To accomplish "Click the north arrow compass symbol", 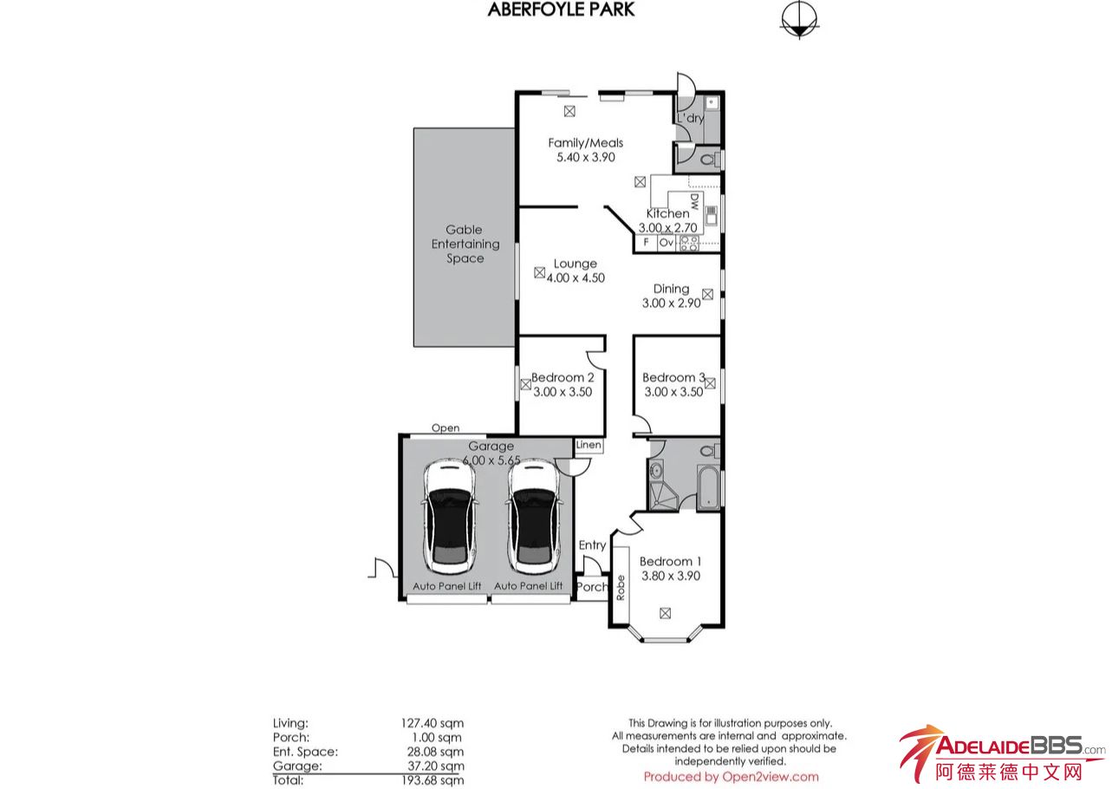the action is (x=799, y=19).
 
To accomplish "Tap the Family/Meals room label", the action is (x=585, y=143).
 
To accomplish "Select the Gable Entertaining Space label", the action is (x=465, y=244).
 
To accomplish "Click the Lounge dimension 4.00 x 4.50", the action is (x=576, y=278).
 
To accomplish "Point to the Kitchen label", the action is (x=667, y=213).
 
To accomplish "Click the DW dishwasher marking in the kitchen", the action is (x=694, y=201).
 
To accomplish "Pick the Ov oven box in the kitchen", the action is (x=667, y=242).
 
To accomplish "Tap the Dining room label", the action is (x=671, y=289).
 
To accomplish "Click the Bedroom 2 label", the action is (x=563, y=378).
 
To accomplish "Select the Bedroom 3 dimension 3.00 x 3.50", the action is (x=673, y=392).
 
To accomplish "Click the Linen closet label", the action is (x=589, y=445).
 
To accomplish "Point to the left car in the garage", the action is (x=451, y=517).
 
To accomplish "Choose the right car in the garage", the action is (x=534, y=517).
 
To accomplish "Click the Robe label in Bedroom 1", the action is (x=621, y=588).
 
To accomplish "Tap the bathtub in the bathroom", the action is (x=709, y=488).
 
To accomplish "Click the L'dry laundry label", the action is (x=691, y=118).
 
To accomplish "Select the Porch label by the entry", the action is (x=592, y=587).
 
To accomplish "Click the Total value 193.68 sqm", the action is (x=432, y=780).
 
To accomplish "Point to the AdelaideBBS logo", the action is (x=1002, y=753).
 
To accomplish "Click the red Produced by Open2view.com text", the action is (x=732, y=777).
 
